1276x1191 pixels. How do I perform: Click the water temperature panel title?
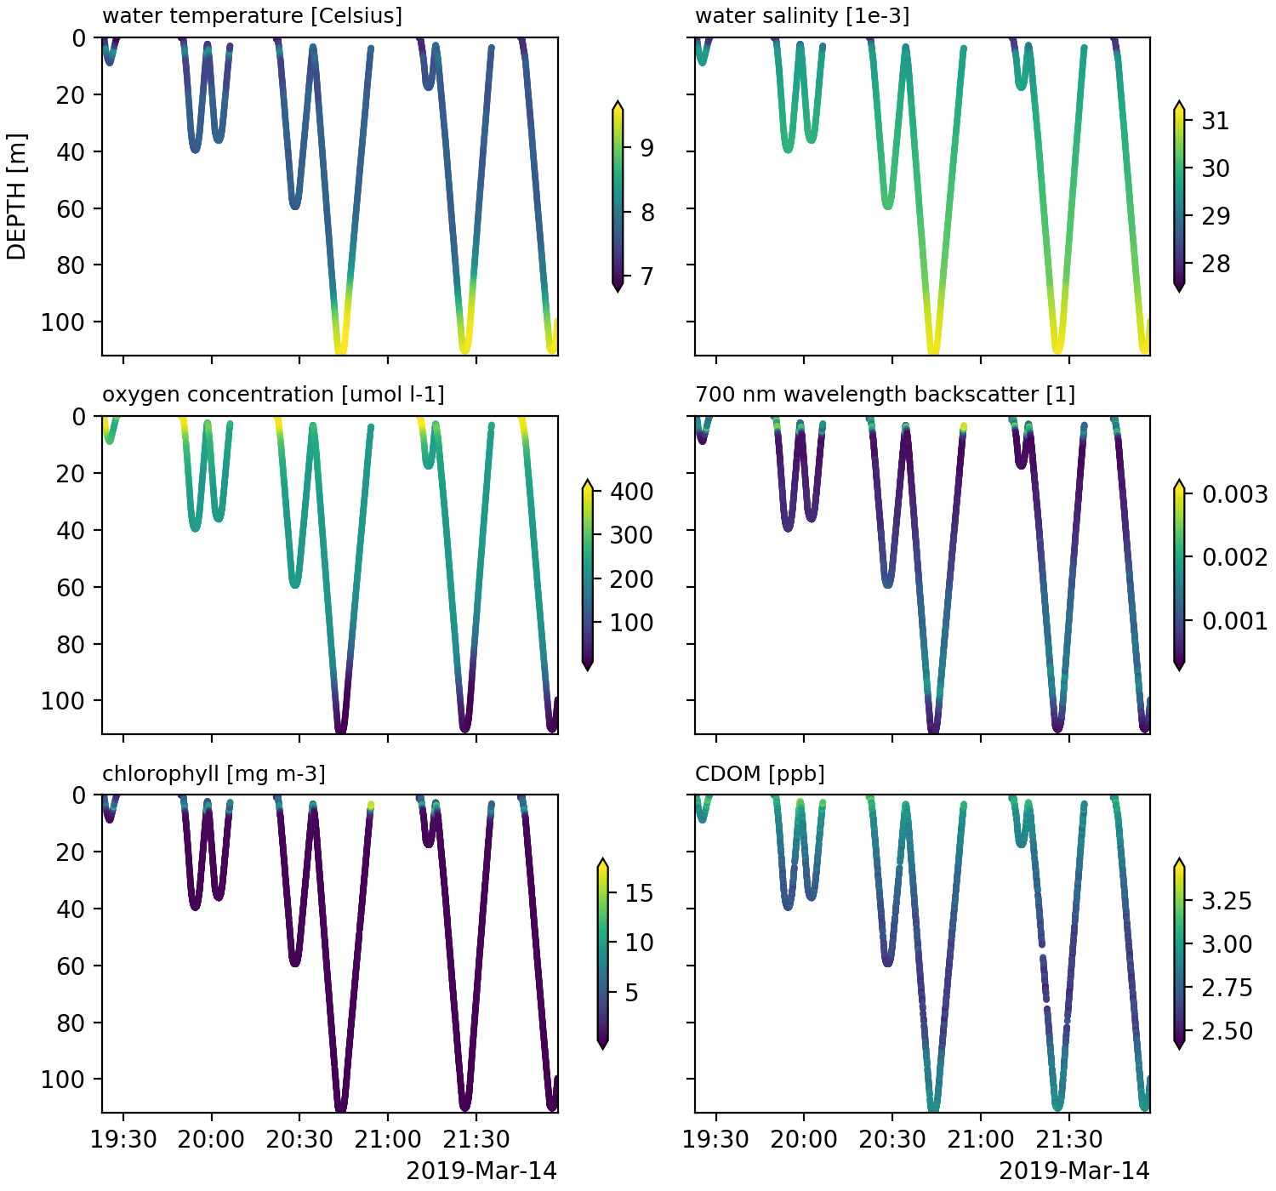click(252, 16)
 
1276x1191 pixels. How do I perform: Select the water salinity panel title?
click(802, 16)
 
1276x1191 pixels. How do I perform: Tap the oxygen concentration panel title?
click(273, 395)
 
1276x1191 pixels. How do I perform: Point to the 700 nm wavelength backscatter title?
click(885, 395)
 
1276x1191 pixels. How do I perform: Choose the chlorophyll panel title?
click(214, 773)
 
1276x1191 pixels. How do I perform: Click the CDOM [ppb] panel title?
click(760, 773)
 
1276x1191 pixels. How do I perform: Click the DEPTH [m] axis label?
click(17, 197)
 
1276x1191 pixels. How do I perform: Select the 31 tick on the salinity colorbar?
click(1216, 121)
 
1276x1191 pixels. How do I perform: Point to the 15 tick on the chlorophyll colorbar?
click(639, 893)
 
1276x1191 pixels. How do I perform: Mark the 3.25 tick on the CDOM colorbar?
click(1228, 900)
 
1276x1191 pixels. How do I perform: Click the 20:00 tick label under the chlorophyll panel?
click(211, 1139)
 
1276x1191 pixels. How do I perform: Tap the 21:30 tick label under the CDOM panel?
click(1068, 1139)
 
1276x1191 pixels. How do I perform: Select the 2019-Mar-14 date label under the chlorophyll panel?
click(481, 1171)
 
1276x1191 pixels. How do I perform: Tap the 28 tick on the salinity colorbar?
click(1216, 264)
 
